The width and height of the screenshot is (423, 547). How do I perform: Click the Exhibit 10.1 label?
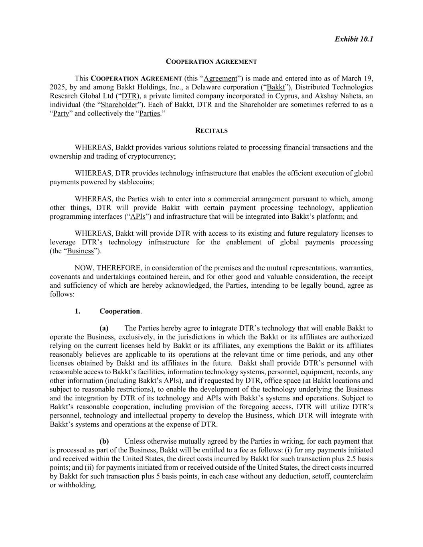[x=354, y=39]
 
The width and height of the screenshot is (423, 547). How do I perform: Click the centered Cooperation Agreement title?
[x=211, y=62]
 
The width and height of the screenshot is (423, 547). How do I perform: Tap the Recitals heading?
[x=211, y=131]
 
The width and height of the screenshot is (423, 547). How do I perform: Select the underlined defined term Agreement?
[x=221, y=79]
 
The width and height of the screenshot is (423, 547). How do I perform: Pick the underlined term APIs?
[x=138, y=217]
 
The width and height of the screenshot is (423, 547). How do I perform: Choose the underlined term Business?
[x=80, y=251]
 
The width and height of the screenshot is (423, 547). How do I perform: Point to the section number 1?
[x=77, y=311]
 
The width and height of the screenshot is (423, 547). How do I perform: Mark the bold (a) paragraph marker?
[x=104, y=328]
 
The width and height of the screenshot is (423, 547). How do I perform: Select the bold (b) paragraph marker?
[x=104, y=442]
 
